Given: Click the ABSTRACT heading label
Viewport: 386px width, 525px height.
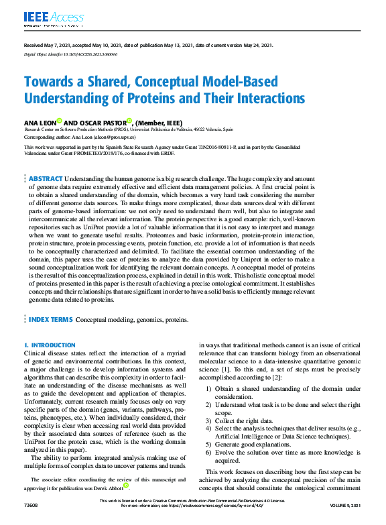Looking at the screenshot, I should pyautogui.click(x=46, y=180).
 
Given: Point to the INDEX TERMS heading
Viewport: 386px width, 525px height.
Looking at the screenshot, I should pyautogui.click(x=50, y=320).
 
